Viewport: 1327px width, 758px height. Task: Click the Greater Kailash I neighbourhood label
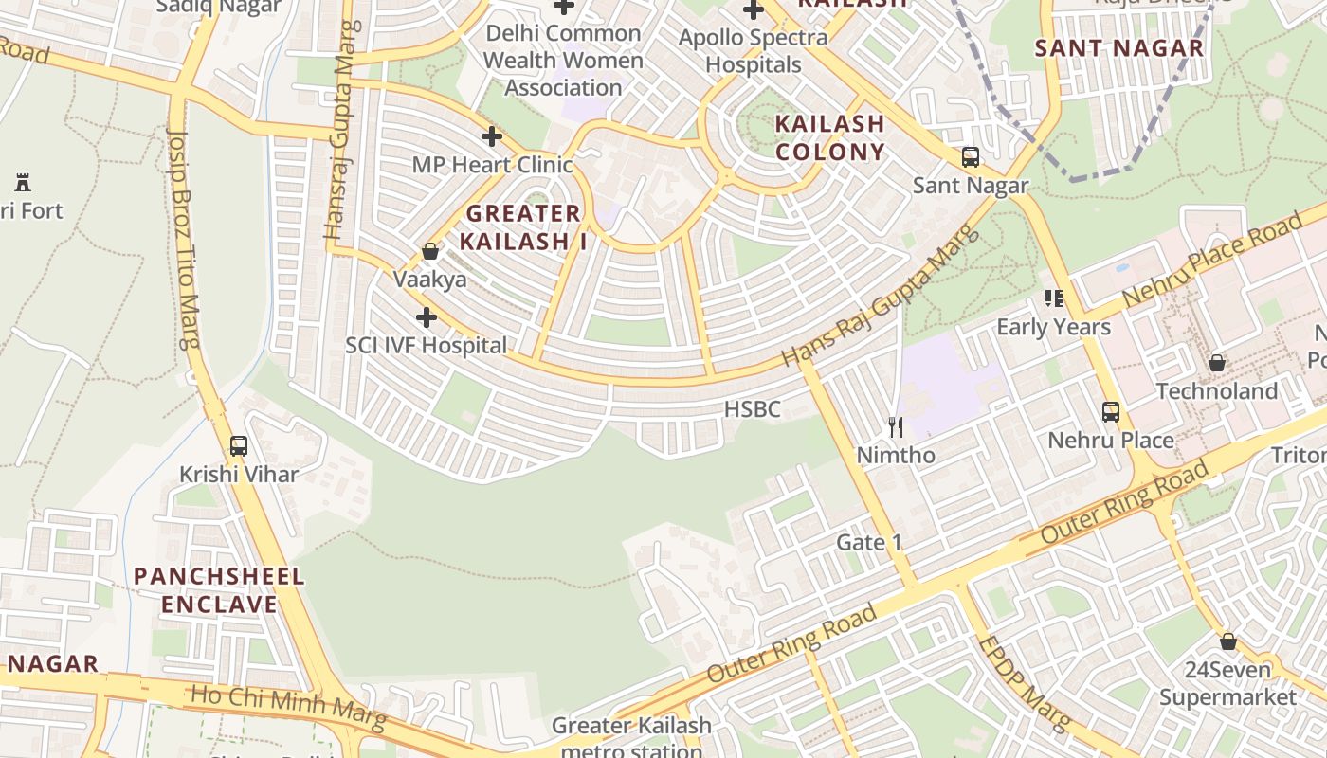522,227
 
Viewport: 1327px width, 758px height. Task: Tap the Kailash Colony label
829,137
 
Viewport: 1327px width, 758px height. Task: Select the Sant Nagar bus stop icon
970,157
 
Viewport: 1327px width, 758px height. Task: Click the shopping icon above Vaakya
430,251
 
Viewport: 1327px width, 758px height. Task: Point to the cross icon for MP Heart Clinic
491,136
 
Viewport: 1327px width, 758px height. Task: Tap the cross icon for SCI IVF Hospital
426,317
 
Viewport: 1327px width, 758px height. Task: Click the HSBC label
752,409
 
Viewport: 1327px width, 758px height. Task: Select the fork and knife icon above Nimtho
895,427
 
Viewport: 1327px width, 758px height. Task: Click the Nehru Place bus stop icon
1110,412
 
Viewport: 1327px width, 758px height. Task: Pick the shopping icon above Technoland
1216,363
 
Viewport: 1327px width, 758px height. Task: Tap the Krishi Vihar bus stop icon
239,445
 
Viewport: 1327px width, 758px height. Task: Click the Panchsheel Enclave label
219,590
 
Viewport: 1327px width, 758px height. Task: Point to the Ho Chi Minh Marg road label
288,708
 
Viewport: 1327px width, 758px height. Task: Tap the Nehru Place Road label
1213,261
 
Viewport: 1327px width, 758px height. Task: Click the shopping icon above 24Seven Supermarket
1227,641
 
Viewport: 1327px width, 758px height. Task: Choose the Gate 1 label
869,543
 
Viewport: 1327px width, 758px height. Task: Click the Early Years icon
1053,299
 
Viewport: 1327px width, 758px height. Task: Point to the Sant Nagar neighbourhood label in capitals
1118,48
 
